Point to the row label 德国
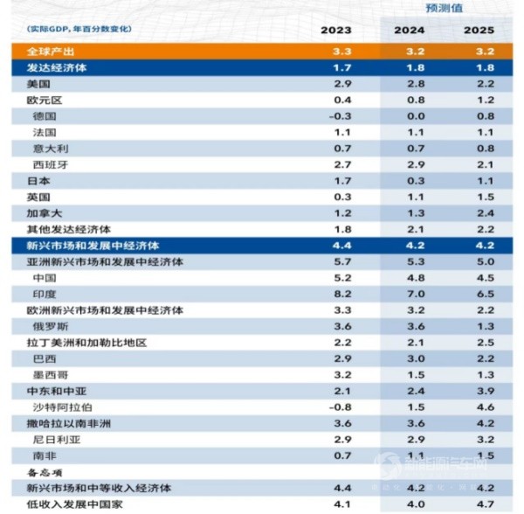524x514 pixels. pos(45,115)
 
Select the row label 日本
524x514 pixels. pos(39,180)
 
